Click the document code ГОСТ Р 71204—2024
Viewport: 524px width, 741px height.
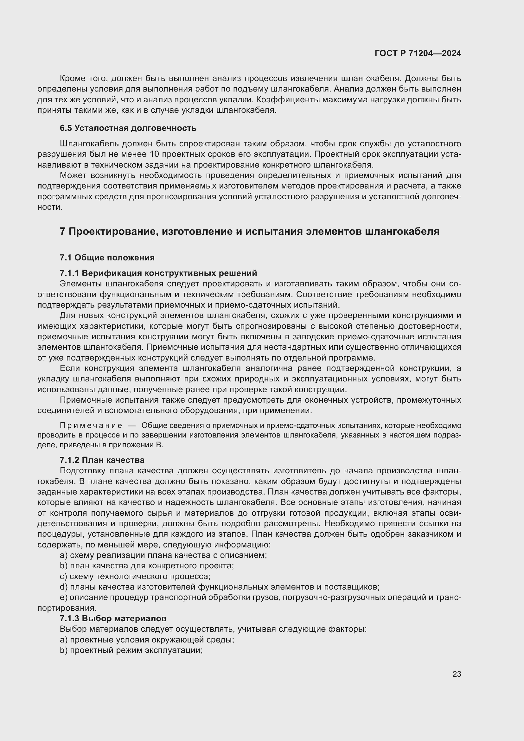(x=418, y=53)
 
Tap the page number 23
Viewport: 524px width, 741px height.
(x=457, y=674)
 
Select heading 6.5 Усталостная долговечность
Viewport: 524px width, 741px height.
(x=128, y=128)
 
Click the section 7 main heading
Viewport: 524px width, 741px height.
(x=249, y=231)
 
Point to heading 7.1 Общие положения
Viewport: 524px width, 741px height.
(x=107, y=258)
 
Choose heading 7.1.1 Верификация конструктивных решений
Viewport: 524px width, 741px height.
(x=158, y=273)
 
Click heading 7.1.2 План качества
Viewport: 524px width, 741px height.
(x=102, y=460)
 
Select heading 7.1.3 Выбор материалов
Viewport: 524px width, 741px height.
(x=113, y=618)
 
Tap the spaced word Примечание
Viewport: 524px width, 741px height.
(x=91, y=426)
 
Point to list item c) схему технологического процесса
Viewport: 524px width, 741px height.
(x=135, y=576)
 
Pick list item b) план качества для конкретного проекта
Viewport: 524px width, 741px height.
(x=147, y=565)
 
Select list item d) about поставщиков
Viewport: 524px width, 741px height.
(x=220, y=587)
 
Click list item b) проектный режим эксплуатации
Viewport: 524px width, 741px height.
(x=131, y=650)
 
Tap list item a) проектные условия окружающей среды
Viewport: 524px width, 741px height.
(x=147, y=640)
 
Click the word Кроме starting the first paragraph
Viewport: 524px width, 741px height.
(x=72, y=79)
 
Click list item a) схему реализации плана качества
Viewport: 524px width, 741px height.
(x=163, y=555)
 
